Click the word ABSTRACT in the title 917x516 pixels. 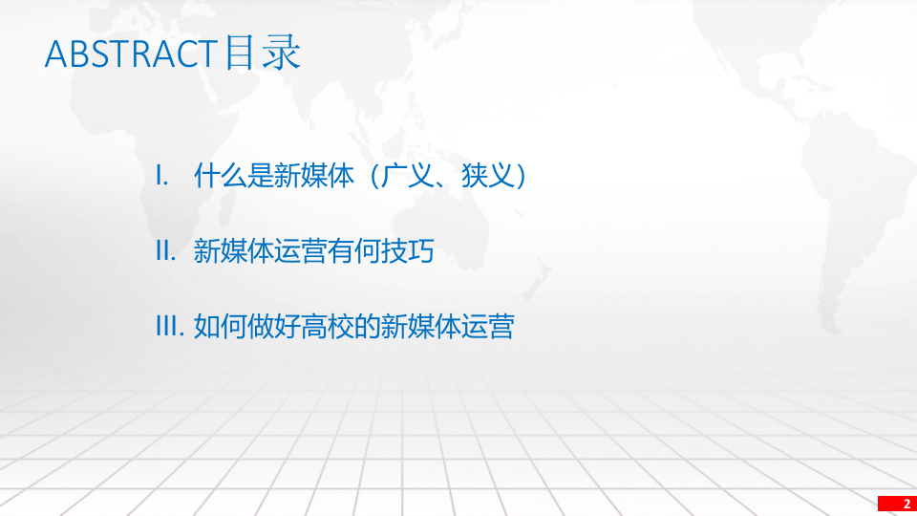[x=130, y=54]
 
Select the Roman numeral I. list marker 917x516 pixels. [x=161, y=177]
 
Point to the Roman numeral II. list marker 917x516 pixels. [x=165, y=252]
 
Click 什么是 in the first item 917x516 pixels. [x=233, y=177]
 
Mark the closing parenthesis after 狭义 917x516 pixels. [x=517, y=177]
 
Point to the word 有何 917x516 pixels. [x=354, y=252]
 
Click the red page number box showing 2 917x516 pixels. [x=896, y=504]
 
